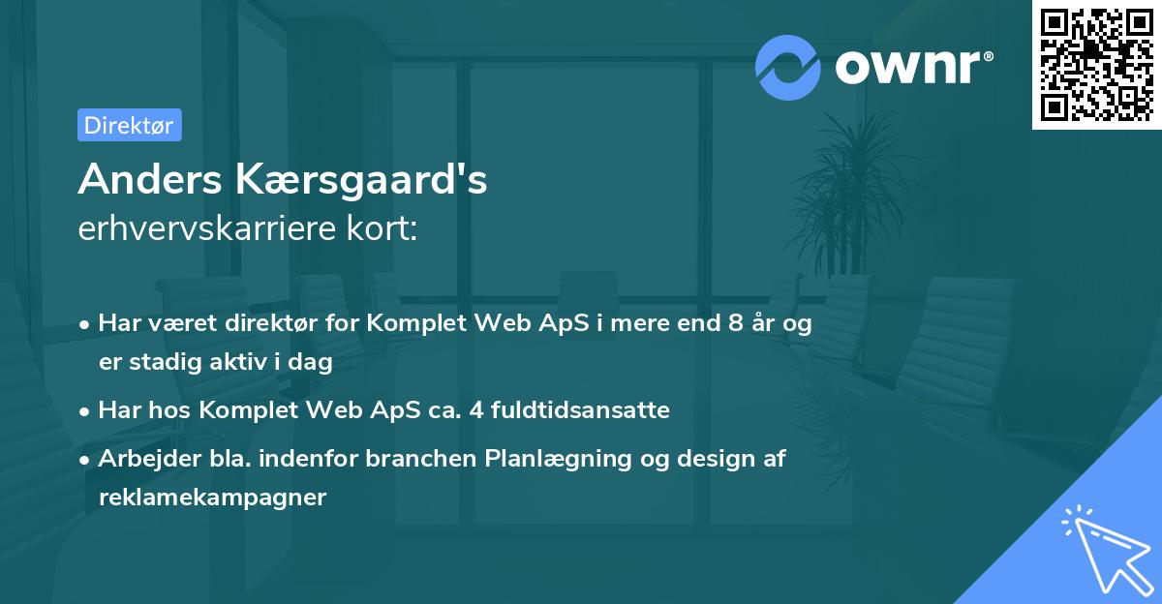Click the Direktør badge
click(x=129, y=125)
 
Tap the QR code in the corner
click(x=1096, y=65)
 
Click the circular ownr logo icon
click(x=788, y=68)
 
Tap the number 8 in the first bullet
click(x=737, y=323)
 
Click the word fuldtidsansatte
click(x=579, y=410)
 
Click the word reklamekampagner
click(x=212, y=498)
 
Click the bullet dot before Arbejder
click(x=86, y=460)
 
